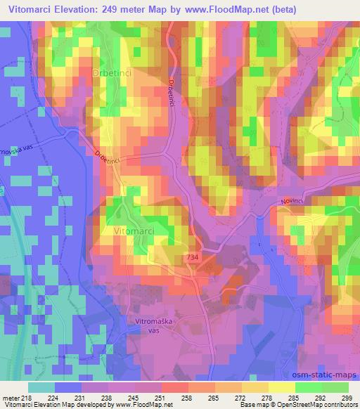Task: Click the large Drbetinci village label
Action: click(x=108, y=73)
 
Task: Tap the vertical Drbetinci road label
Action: click(x=171, y=92)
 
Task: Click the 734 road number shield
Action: click(x=193, y=259)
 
